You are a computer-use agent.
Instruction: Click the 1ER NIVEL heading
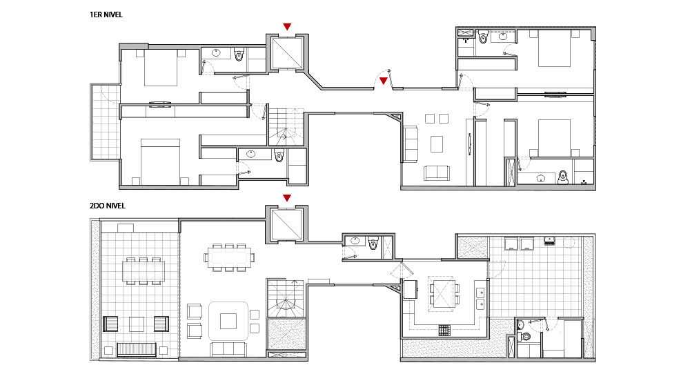pyautogui.click(x=106, y=14)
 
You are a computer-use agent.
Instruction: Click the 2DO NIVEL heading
pyautogui.click(x=108, y=206)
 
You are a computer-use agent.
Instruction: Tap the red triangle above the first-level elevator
pyautogui.click(x=287, y=26)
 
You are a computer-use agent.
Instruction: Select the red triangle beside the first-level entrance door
pyautogui.click(x=383, y=81)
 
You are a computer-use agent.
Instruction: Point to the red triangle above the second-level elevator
pyautogui.click(x=287, y=198)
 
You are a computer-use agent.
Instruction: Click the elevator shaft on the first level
pyautogui.click(x=287, y=53)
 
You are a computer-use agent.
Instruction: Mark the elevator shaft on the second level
pyautogui.click(x=287, y=224)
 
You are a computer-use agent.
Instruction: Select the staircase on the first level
pyautogui.click(x=286, y=127)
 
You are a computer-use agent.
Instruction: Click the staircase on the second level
pyautogui.click(x=286, y=298)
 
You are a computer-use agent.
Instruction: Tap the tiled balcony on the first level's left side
pyautogui.click(x=106, y=122)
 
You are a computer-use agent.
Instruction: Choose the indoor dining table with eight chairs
pyautogui.click(x=229, y=257)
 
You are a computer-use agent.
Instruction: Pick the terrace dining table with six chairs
pyautogui.click(x=144, y=271)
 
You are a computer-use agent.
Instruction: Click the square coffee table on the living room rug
pyautogui.click(x=228, y=321)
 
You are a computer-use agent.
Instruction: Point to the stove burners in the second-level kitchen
pyautogui.click(x=444, y=330)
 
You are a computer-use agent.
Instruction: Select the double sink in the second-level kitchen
pyautogui.click(x=480, y=298)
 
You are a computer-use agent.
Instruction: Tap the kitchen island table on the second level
pyautogui.click(x=442, y=293)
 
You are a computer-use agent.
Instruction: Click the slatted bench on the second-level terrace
pyautogui.click(x=137, y=349)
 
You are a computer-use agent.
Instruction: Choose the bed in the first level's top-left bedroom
pyautogui.click(x=161, y=68)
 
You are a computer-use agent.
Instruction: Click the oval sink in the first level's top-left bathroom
pyautogui.click(x=216, y=53)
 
